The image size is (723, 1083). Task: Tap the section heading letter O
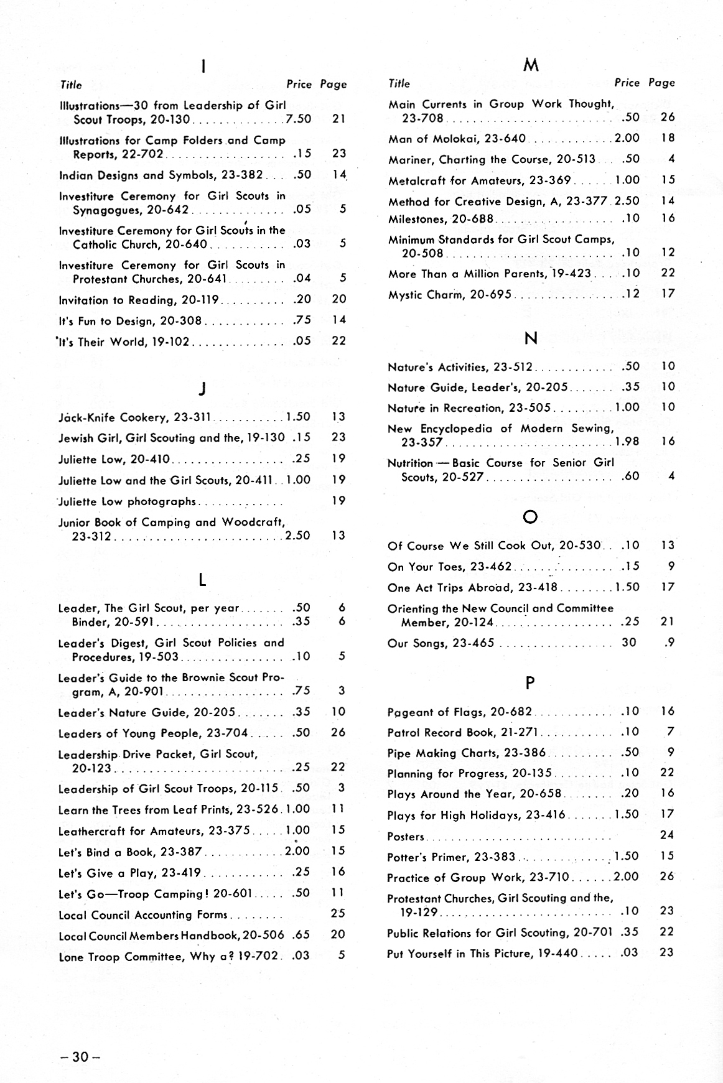click(530, 518)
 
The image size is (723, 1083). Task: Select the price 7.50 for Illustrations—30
click(298, 119)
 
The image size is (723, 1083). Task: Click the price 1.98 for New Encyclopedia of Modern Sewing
click(626, 442)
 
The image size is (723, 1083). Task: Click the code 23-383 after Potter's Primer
click(495, 857)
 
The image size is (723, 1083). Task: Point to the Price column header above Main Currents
click(627, 83)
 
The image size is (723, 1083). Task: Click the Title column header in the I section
click(71, 85)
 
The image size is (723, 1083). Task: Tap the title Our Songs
click(413, 643)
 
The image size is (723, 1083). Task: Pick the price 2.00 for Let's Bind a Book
click(297, 851)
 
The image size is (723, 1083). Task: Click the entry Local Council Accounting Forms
click(142, 915)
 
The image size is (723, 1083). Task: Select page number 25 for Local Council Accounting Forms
click(338, 913)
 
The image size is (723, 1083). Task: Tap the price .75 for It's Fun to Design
click(302, 320)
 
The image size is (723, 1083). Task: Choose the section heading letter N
click(530, 338)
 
